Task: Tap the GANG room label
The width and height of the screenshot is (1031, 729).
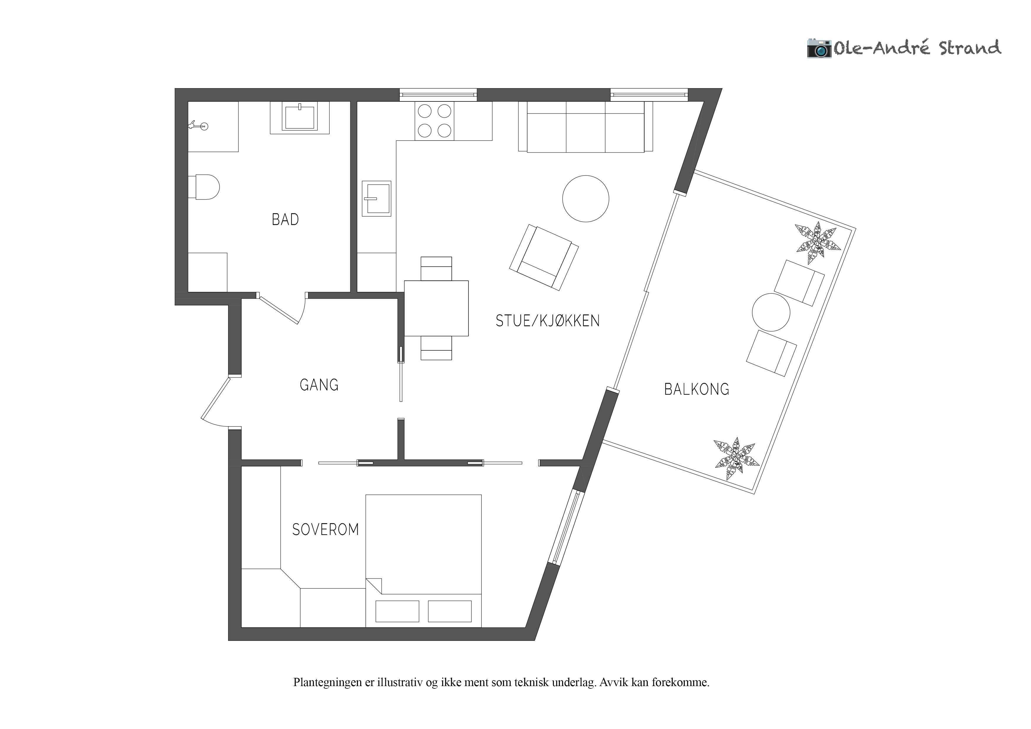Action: [319, 385]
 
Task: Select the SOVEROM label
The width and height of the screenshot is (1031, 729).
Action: [326, 530]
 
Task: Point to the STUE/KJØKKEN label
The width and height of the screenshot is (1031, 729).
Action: [547, 321]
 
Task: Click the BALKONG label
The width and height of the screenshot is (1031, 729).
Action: [697, 389]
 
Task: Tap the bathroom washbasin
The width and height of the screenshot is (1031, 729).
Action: [299, 117]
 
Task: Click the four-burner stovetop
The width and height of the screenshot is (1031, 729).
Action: [434, 121]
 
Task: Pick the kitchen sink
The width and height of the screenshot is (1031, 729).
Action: [377, 198]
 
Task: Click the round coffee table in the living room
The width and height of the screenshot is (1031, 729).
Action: [585, 198]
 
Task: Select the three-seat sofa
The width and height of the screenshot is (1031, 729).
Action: [585, 127]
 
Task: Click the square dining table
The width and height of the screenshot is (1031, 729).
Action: [436, 308]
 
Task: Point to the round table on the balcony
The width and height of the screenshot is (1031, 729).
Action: [771, 313]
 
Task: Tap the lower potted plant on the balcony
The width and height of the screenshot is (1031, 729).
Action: [737, 459]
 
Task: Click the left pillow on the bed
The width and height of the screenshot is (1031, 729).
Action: [397, 611]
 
